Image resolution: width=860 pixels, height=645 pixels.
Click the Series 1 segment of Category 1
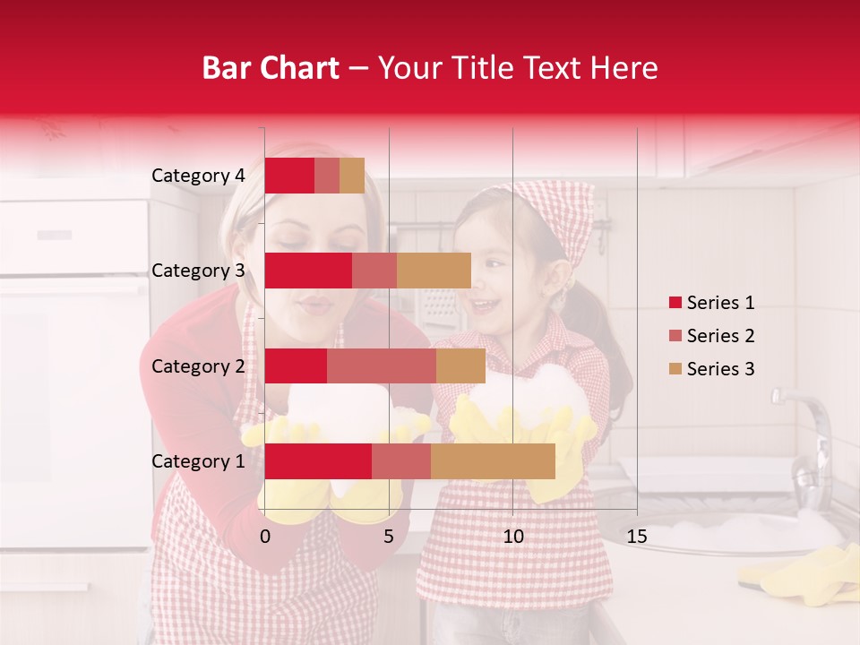[318, 461]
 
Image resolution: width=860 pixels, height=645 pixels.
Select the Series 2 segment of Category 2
[382, 365]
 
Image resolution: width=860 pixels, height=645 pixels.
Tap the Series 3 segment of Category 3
[434, 271]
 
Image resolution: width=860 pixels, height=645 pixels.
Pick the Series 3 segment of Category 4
[352, 176]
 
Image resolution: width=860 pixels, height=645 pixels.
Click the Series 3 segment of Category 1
[493, 461]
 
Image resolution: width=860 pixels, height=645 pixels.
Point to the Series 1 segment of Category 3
[308, 271]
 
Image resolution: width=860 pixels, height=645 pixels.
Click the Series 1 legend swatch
[675, 303]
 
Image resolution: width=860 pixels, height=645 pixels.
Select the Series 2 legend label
[720, 336]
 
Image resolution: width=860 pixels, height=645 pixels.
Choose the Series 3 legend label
[720, 369]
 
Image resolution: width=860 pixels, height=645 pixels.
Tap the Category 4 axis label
[198, 176]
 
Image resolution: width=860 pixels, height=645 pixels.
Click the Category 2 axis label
[198, 365]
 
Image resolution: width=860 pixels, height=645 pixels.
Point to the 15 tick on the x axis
[636, 537]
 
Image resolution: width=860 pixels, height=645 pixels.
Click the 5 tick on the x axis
[389, 537]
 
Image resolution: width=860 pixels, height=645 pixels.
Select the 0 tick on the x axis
[265, 537]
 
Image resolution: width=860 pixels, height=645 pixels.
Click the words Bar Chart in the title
[271, 68]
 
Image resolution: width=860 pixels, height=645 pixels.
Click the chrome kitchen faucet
[811, 439]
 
